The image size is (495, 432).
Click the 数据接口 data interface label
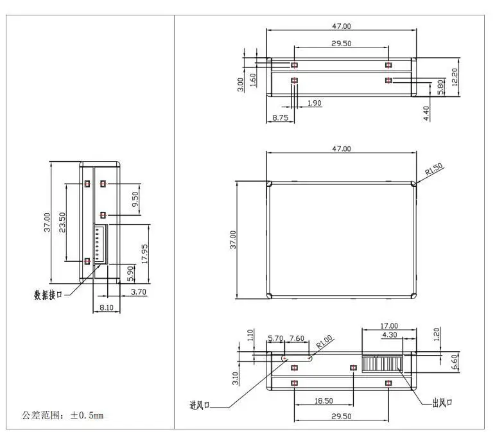[x=48, y=295]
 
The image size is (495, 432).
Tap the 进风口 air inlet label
[x=201, y=405]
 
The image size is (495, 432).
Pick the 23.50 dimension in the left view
[x=62, y=225]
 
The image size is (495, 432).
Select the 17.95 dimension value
[x=145, y=254]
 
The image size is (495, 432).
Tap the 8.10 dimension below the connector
[x=107, y=308]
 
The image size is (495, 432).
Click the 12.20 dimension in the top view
[x=455, y=78]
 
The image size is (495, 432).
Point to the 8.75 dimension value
[x=280, y=117]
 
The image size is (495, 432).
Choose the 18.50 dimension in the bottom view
[x=324, y=401]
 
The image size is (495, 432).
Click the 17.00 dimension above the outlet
[x=389, y=326]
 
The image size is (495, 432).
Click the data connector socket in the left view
[x=101, y=245]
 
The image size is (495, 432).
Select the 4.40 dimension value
[x=426, y=114]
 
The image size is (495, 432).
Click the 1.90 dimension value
[x=315, y=103]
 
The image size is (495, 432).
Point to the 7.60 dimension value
[x=297, y=338]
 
